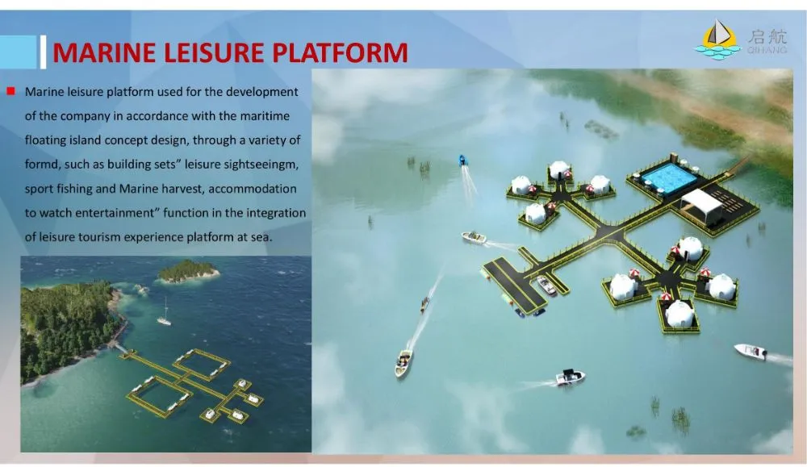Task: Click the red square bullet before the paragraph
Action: coord(10,91)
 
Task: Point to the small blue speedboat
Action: coord(464,160)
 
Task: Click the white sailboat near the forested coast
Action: coord(165,319)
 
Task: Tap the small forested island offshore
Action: coord(187,271)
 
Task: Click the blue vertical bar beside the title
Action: coord(43,52)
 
